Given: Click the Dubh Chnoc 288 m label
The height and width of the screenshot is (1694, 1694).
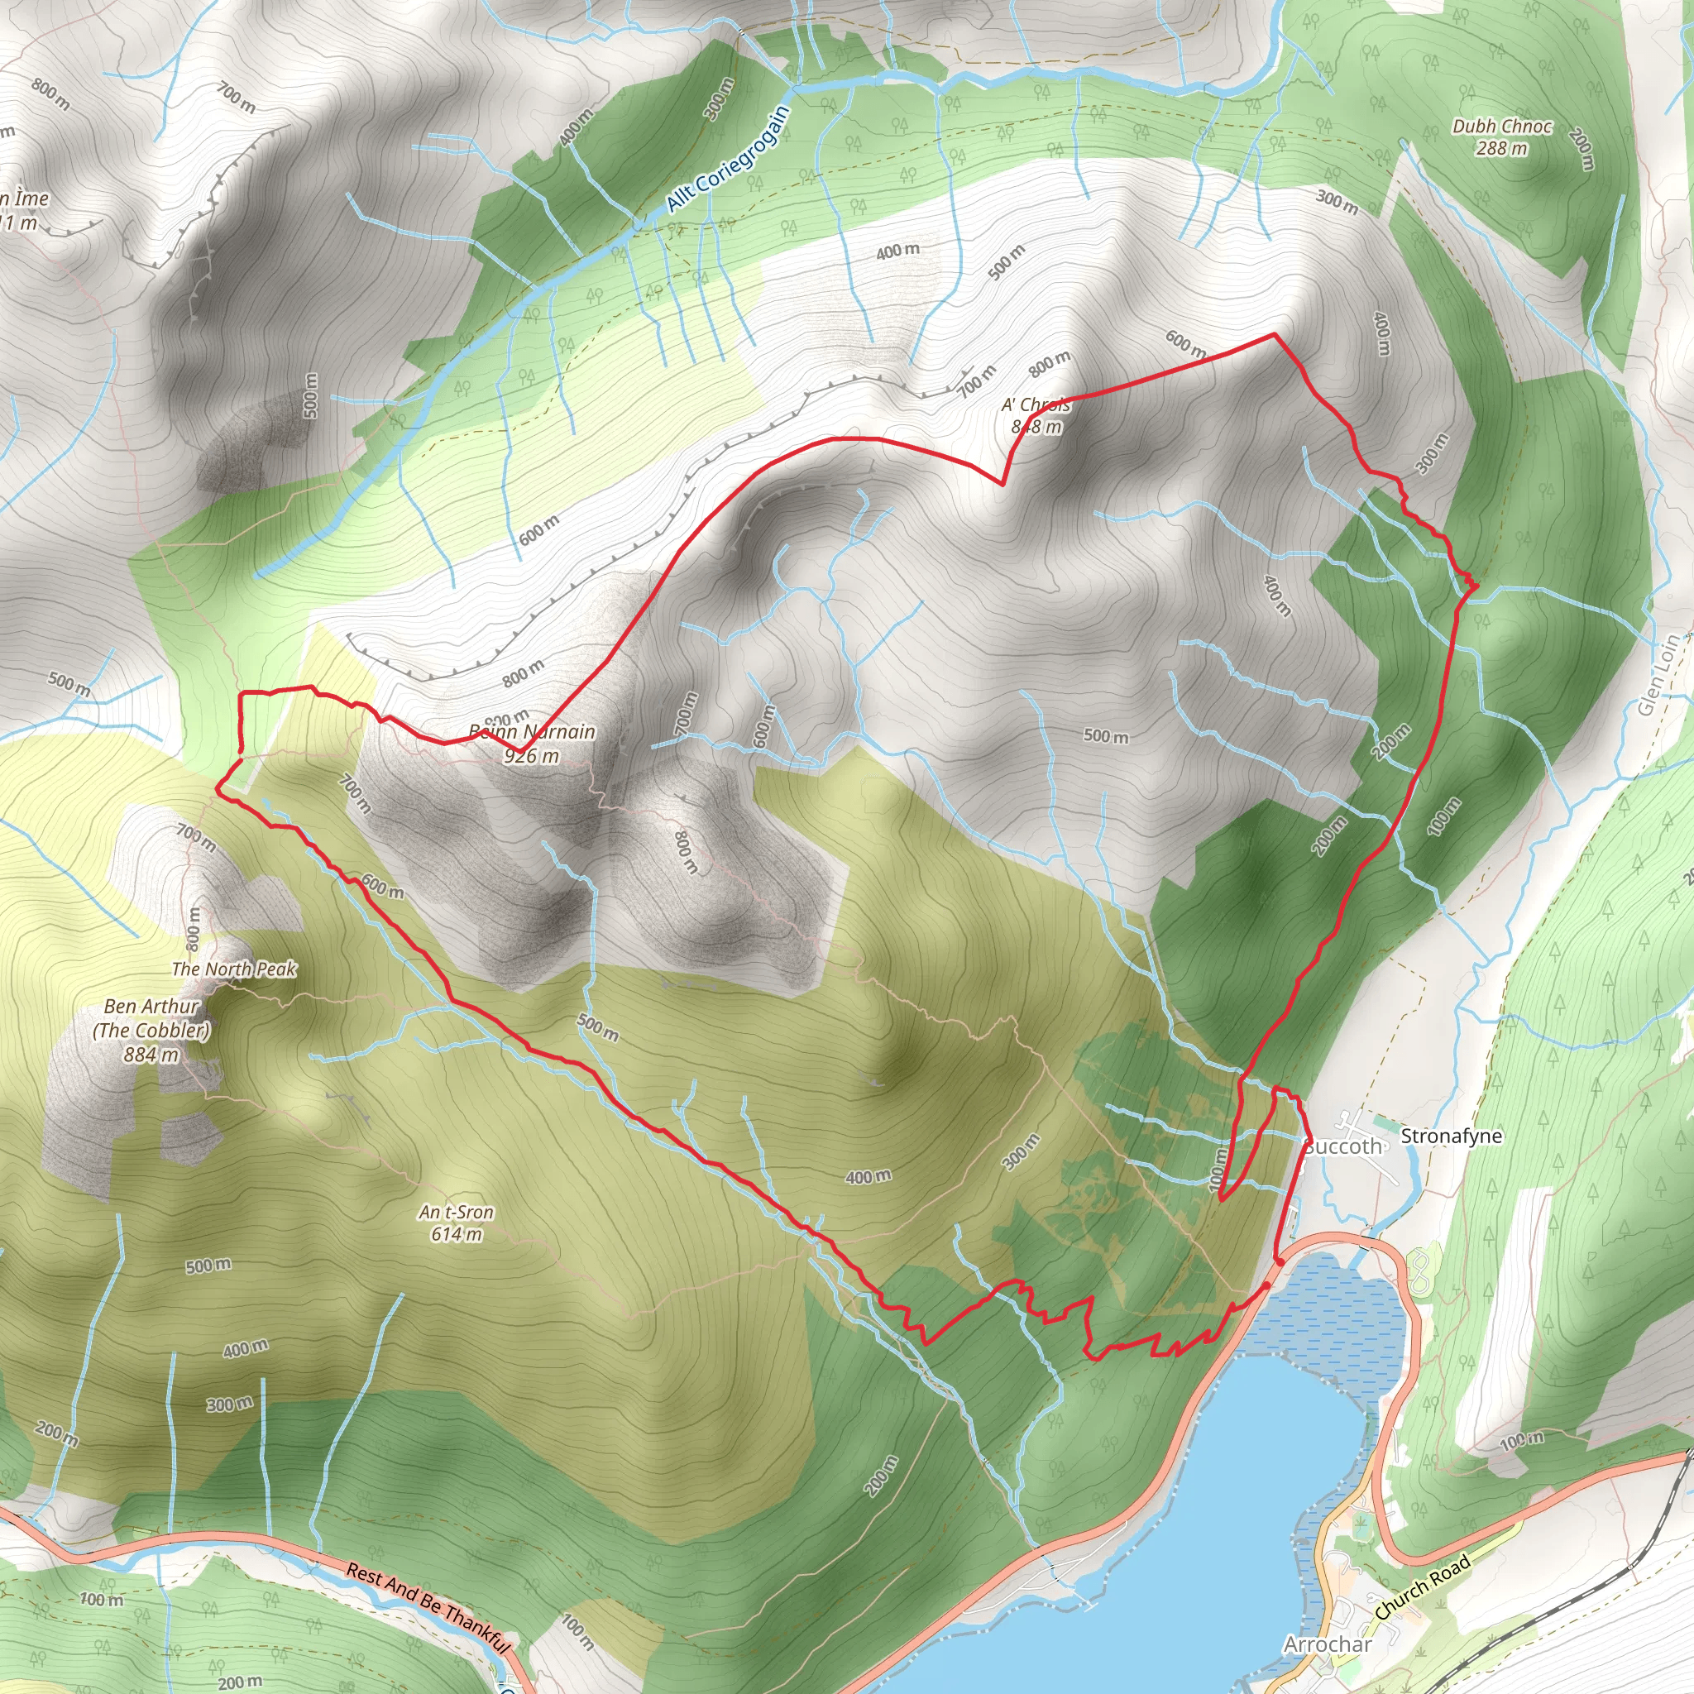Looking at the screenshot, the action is pos(1502,136).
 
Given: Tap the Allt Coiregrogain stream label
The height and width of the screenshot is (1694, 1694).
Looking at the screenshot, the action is pos(728,160).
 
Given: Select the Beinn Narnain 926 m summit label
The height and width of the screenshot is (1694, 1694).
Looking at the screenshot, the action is pos(531,743).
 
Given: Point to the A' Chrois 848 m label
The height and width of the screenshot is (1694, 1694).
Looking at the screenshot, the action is pos(1036,415).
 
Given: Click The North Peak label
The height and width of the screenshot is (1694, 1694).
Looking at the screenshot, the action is pos(234,969).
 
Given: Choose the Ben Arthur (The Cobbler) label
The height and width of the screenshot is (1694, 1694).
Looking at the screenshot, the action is pos(151,1018).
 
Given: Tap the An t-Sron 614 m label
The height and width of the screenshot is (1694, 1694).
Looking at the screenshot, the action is pos(456,1223).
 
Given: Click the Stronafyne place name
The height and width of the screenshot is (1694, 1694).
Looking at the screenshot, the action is pos(1451,1137).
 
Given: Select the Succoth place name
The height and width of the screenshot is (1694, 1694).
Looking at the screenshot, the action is pos(1342,1147).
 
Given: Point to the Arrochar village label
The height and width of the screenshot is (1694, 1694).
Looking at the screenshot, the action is pos(1328,1644).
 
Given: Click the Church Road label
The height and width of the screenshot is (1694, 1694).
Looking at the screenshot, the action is pos(1422,1588).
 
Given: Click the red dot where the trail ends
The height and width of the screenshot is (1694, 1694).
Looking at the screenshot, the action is pos(1280,1261).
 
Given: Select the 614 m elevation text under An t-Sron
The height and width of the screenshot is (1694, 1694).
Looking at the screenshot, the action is pos(456,1235).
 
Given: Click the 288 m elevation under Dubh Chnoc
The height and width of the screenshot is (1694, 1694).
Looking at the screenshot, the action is pos(1502,148).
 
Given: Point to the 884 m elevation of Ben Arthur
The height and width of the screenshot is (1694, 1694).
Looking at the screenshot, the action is pos(151,1055).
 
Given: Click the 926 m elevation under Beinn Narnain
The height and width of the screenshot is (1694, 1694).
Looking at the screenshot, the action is pos(531,755).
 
